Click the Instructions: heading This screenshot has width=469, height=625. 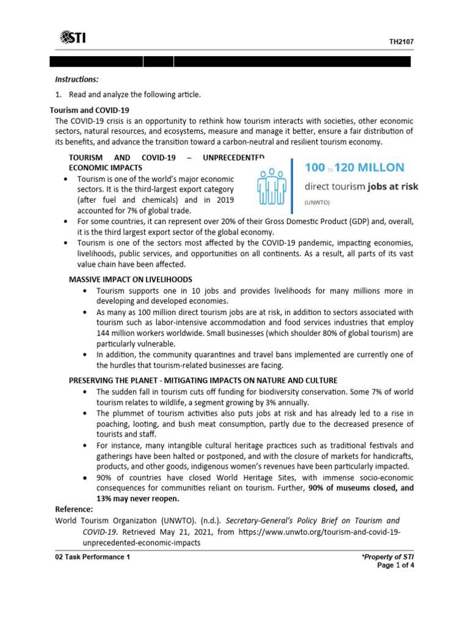(76, 79)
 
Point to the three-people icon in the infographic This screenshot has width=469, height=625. (272, 187)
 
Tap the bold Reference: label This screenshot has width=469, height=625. (74, 509)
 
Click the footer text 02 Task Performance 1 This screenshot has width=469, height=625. (92, 557)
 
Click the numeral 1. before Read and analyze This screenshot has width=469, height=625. (59, 95)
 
